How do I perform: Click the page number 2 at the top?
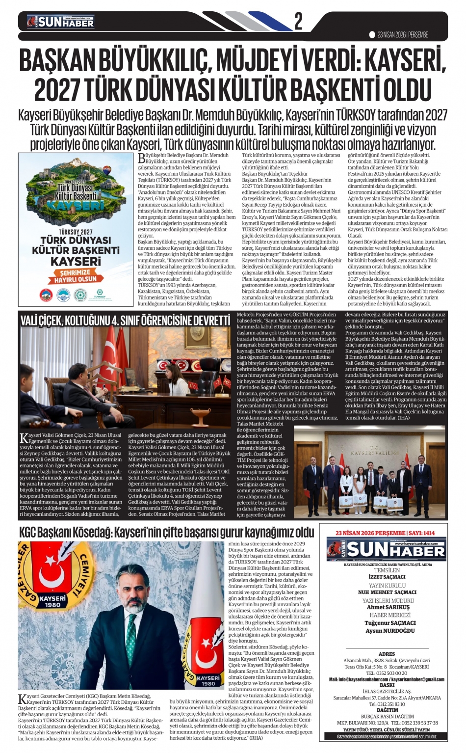(x=298, y=21)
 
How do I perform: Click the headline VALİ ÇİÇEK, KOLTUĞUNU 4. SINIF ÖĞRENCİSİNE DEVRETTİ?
(x=125, y=320)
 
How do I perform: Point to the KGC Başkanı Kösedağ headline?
(x=166, y=532)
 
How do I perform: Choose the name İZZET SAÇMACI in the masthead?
(x=387, y=577)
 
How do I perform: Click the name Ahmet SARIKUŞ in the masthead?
(x=388, y=607)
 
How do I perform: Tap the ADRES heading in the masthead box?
(x=387, y=654)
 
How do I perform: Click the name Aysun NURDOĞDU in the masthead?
(x=388, y=631)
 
